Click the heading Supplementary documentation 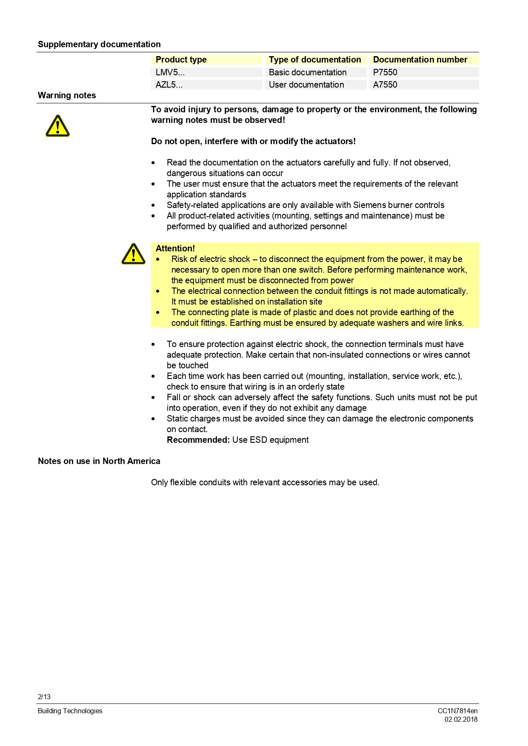99,44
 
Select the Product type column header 181,60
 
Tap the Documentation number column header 420,60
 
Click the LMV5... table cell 170,72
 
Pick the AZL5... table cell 169,85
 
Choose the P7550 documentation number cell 385,72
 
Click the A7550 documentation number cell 385,85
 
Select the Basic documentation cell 308,72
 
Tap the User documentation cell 306,85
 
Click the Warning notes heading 67,95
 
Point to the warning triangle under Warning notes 57,126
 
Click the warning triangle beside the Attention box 133,254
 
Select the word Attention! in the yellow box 175,248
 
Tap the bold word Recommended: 198,440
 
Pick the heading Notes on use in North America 99,461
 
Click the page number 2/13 44,697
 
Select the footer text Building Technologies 70,711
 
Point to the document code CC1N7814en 457,711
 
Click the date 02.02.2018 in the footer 461,719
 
